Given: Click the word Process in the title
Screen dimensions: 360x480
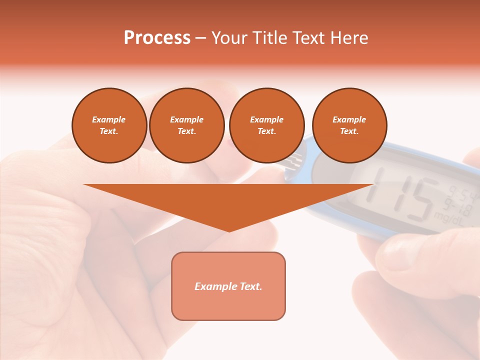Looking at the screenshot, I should coord(157,38).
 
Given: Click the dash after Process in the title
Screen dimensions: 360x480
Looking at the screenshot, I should coord(200,39).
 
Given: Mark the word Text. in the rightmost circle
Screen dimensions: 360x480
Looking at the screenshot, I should coord(349,131).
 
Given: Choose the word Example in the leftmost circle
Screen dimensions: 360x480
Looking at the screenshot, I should coord(109,119).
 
